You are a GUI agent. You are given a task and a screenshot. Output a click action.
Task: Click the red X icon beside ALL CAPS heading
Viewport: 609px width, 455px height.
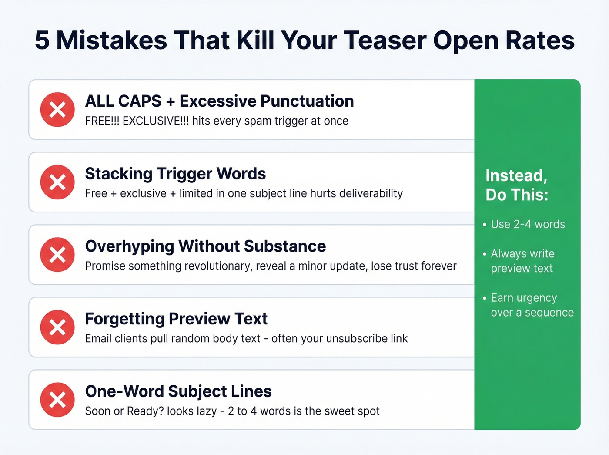pyautogui.click(x=57, y=110)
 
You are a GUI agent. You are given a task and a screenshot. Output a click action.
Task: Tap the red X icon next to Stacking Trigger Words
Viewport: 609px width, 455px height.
pyautogui.click(x=57, y=182)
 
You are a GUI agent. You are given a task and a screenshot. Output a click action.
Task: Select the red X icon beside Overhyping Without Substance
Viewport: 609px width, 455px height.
pyautogui.click(x=57, y=255)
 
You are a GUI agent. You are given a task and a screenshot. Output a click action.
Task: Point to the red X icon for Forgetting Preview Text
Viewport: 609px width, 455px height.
pyautogui.click(x=57, y=327)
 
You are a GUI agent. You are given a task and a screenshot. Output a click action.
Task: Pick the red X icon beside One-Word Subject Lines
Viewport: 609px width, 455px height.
pyautogui.click(x=57, y=400)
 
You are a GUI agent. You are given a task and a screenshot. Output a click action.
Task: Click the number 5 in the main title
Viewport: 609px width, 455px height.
pyautogui.click(x=42, y=40)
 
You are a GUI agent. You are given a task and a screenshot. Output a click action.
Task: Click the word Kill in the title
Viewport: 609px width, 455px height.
pyautogui.click(x=255, y=40)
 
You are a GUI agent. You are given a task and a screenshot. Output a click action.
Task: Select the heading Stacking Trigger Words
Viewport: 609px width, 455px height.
pyautogui.click(x=175, y=174)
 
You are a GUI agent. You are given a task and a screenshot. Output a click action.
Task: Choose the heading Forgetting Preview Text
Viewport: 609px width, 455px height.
pyautogui.click(x=176, y=319)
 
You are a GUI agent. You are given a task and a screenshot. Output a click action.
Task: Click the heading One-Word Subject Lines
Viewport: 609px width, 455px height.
pyautogui.click(x=178, y=391)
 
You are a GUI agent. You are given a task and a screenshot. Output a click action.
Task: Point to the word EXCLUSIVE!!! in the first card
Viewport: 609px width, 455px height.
pyautogui.click(x=156, y=121)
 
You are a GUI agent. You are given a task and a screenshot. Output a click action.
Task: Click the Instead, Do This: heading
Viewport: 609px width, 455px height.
pyautogui.click(x=517, y=185)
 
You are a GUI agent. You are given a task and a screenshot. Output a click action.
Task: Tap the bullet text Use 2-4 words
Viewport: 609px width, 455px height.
pyautogui.click(x=528, y=224)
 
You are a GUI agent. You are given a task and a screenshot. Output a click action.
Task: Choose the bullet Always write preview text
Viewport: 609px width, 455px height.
pyautogui.click(x=522, y=261)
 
